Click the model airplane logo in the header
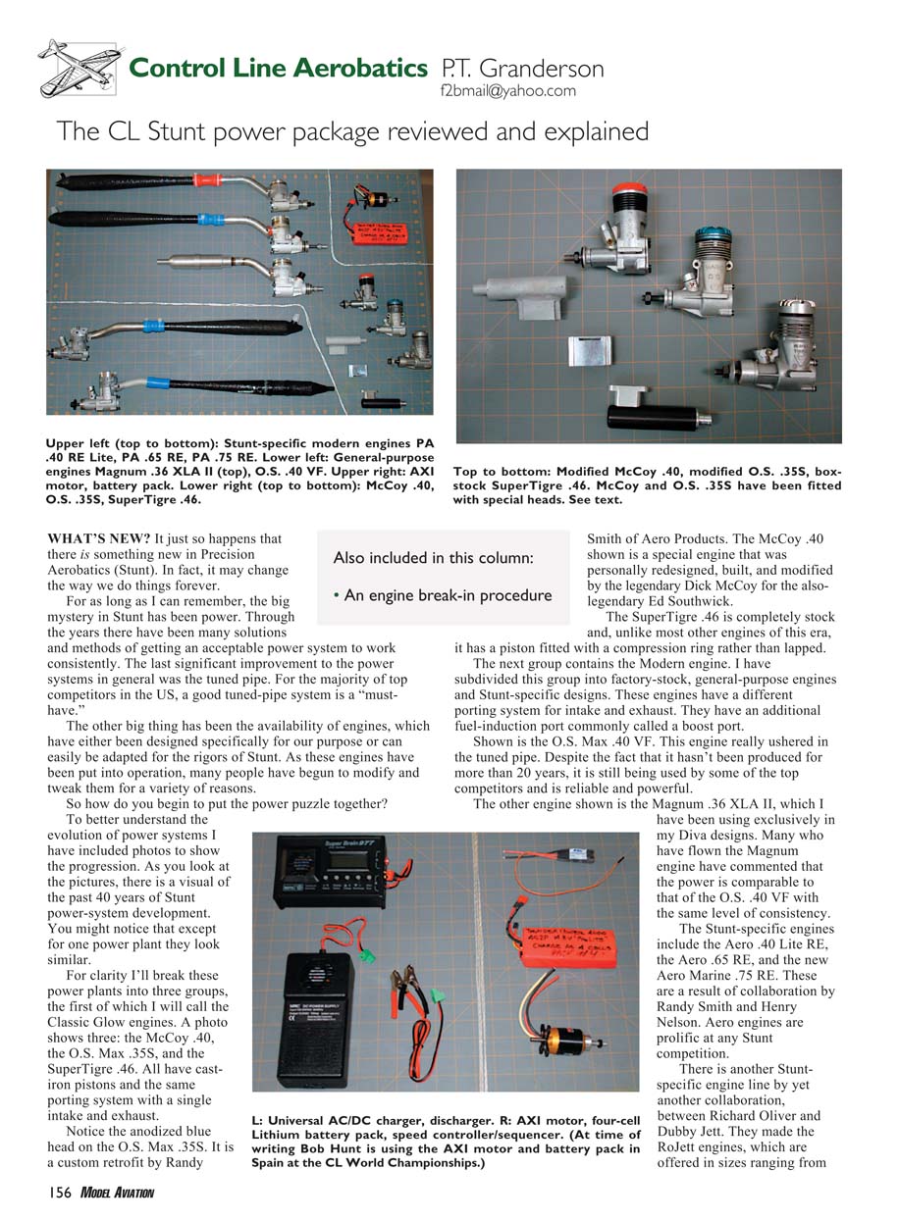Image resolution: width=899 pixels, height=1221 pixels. (x=79, y=69)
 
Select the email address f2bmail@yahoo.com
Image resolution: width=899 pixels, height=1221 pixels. (x=508, y=91)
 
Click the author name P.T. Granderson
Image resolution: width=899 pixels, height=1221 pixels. (x=522, y=69)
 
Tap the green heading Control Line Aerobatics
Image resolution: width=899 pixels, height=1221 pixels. (x=279, y=69)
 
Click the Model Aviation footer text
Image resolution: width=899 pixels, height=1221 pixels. (x=118, y=1193)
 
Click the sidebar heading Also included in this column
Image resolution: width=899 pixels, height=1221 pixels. (x=434, y=558)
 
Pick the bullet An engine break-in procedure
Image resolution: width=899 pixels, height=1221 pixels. (x=442, y=595)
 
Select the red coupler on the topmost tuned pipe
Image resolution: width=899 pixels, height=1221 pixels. (x=209, y=180)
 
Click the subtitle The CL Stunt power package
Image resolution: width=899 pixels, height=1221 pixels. (x=352, y=131)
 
